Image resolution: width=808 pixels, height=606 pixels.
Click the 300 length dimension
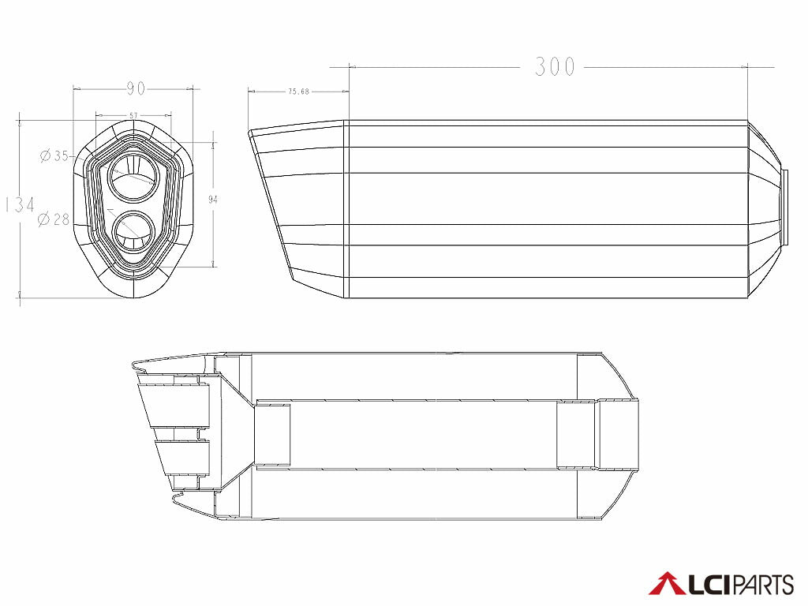pos(555,67)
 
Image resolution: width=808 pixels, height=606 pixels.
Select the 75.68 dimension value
pos(298,92)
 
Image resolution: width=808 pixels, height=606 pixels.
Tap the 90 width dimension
pos(134,88)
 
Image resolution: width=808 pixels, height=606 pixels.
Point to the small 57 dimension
pos(133,115)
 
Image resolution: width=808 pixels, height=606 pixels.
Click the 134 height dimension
pos(20,205)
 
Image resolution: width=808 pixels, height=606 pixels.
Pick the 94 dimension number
pos(212,200)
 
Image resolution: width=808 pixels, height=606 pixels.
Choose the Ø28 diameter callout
pos(54,219)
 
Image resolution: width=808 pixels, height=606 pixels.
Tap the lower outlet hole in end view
pos(133,232)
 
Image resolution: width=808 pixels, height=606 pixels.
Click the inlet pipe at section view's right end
pos(619,436)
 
